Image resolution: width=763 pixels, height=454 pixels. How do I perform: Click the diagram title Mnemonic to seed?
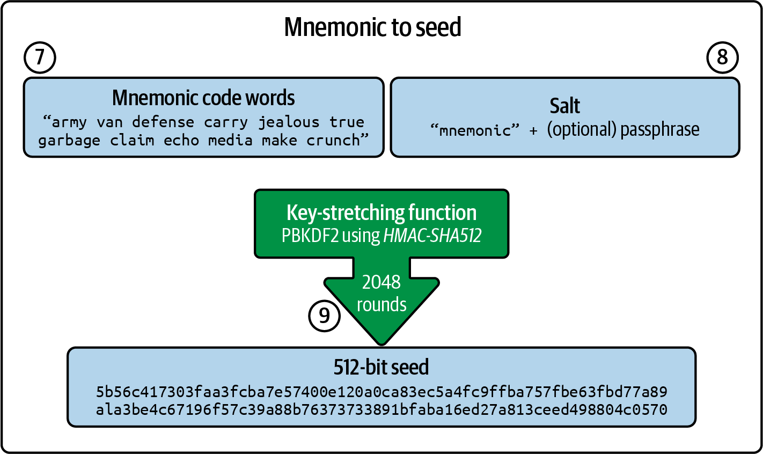372,27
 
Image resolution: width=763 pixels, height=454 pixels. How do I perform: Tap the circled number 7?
40,57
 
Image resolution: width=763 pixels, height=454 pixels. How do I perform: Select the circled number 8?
722,57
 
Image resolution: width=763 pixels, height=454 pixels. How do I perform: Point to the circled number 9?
324,316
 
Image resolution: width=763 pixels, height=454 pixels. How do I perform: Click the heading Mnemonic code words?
203,98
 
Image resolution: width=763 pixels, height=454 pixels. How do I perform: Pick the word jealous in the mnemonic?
289,122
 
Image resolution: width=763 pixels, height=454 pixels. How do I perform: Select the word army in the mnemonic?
69,122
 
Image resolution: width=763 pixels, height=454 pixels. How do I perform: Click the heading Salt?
564,106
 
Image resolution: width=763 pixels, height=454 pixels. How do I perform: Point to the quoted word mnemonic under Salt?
475,130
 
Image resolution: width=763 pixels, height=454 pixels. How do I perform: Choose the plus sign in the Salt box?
533,131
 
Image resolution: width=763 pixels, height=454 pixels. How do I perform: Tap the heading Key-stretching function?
381,213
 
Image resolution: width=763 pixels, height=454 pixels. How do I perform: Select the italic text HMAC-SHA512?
432,236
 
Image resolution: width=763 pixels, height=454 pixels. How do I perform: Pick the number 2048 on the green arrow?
381,282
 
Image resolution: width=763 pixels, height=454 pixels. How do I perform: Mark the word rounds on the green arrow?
381,304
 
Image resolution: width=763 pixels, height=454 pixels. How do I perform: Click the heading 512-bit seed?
381,367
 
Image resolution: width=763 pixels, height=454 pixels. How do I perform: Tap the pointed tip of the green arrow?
381,343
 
